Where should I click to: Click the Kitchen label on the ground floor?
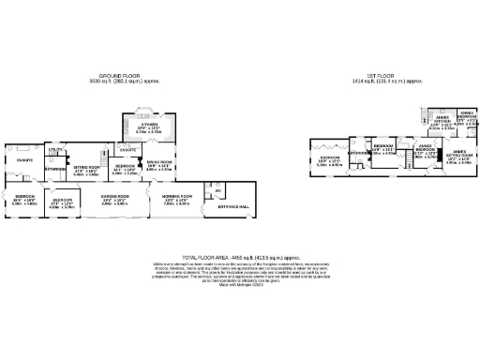tap(149, 124)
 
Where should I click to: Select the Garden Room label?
tap(114, 198)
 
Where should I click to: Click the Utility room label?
tap(55, 149)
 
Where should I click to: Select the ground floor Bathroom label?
tap(53, 169)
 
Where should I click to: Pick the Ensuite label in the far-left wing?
tap(23, 160)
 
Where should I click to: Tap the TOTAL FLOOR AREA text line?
tap(239, 255)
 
